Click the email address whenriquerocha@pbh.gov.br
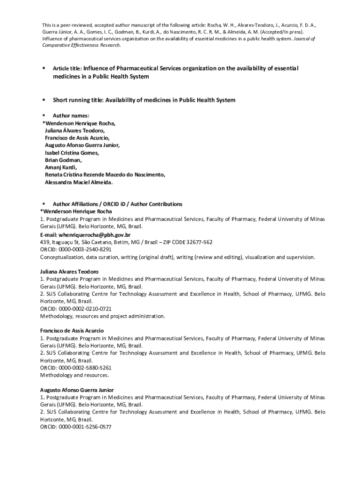coord(94,234)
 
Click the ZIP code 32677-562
coord(200,242)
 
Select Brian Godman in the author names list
coord(63,160)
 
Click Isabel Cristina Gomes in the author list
coord(72,152)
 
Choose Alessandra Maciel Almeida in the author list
coord(79,182)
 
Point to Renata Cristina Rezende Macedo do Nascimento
coord(105,174)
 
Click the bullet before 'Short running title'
coord(43,100)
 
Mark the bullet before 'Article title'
coord(43,68)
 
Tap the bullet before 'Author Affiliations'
coord(43,204)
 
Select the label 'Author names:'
coord(71,115)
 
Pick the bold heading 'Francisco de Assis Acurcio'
coord(72,331)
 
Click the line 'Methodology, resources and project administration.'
coord(102,316)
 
